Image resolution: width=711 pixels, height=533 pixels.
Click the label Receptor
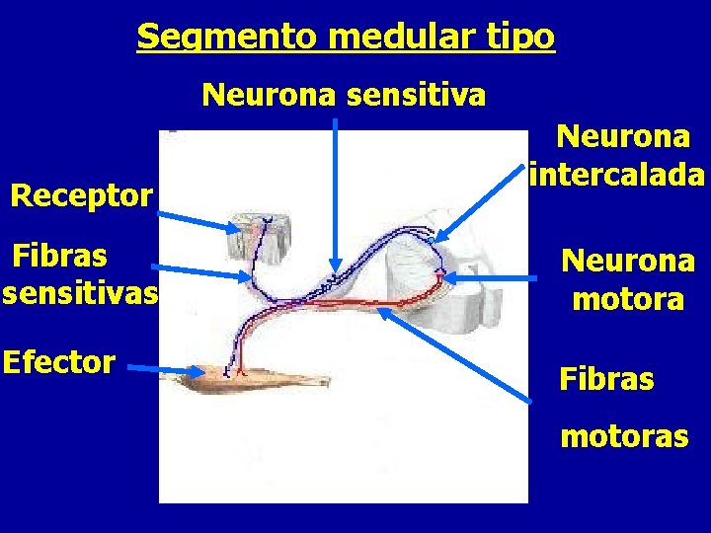pyautogui.click(x=81, y=195)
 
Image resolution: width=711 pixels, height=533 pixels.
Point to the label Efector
pyautogui.click(x=59, y=362)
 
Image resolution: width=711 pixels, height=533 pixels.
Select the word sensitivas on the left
pyautogui.click(x=80, y=294)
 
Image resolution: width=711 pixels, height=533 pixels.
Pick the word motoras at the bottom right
pyautogui.click(x=624, y=435)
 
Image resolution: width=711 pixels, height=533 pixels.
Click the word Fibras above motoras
pyautogui.click(x=606, y=379)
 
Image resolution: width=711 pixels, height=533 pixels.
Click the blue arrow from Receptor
pyautogui.click(x=197, y=217)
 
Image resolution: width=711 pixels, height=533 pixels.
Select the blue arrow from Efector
pyautogui.click(x=168, y=372)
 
